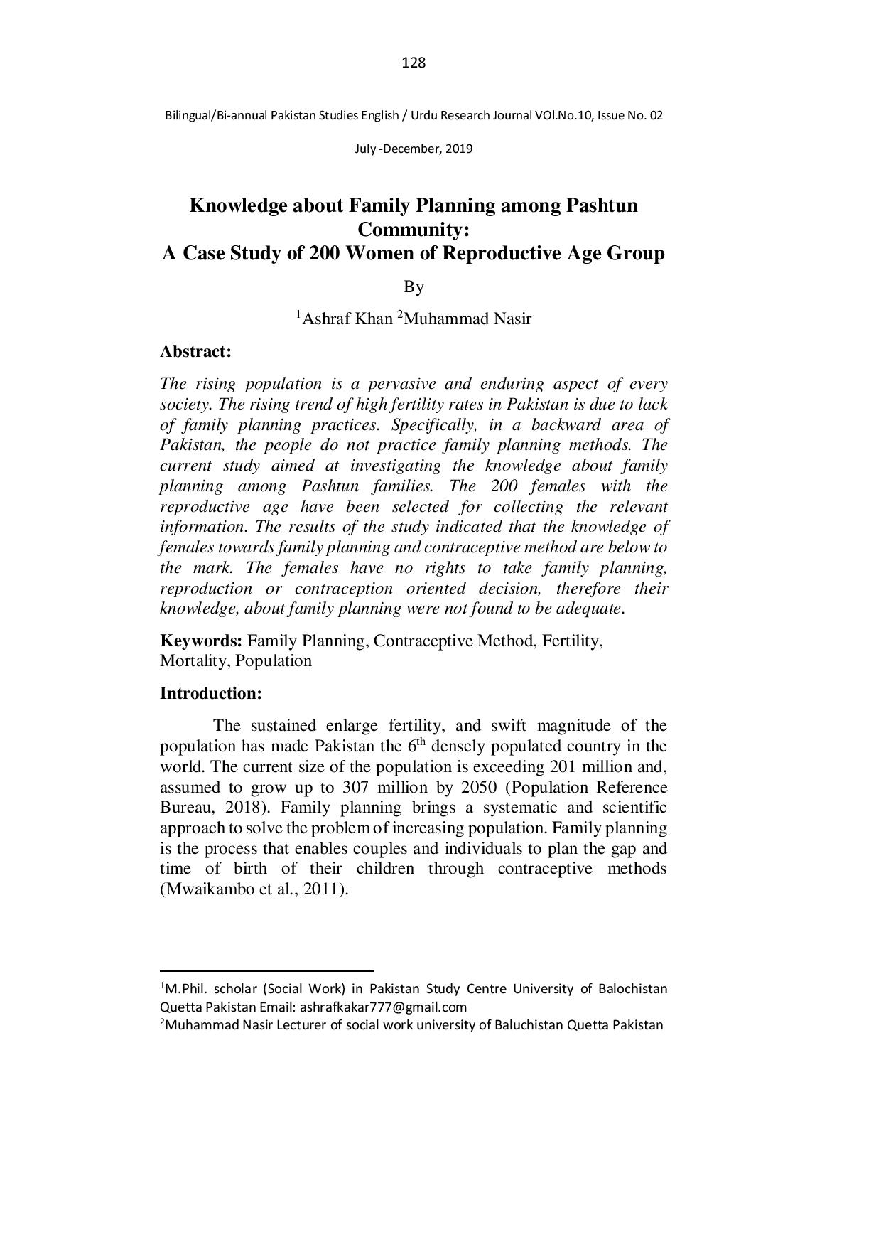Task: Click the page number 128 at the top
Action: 414,63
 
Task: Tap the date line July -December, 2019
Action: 414,149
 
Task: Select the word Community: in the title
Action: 414,230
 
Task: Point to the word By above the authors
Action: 414,287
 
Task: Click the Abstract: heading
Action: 196,351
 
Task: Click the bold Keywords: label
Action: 201,641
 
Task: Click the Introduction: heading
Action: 211,693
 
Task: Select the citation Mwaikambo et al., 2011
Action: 254,890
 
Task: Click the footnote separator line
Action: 266,970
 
